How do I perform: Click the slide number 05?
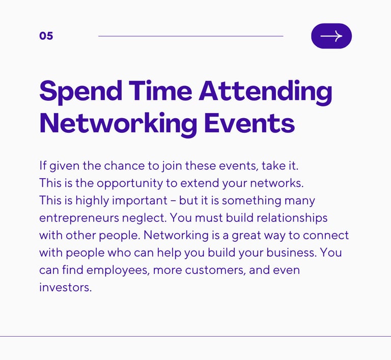coord(46,36)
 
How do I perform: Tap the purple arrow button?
coord(331,36)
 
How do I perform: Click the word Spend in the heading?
coord(81,91)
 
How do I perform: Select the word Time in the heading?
coord(160,90)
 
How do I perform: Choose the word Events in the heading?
coord(249,123)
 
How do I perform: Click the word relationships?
coord(292,218)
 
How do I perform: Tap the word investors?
coord(66,287)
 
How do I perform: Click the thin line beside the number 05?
coord(191,36)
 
